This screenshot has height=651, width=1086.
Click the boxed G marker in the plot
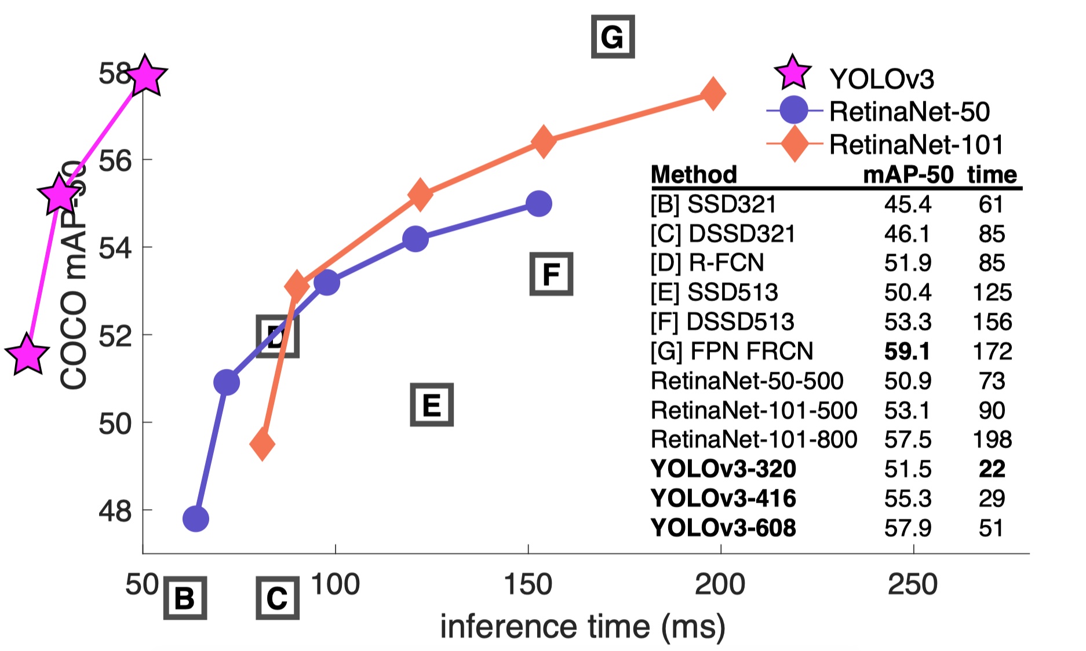(613, 37)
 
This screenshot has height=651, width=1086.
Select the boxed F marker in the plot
(551, 274)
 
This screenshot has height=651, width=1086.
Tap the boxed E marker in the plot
(432, 405)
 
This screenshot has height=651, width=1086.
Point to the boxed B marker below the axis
(185, 598)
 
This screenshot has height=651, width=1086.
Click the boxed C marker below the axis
(278, 598)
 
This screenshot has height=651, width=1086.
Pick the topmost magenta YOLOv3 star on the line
(145, 76)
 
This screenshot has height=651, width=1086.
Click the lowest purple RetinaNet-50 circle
(196, 518)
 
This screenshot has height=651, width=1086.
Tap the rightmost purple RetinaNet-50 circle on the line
(539, 203)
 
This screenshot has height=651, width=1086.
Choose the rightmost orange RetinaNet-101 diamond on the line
(713, 93)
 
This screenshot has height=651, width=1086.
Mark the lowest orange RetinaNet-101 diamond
(262, 444)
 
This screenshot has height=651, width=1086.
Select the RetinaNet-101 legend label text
(916, 144)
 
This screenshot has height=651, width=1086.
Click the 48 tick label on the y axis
(115, 511)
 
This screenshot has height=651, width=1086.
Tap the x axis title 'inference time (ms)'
(582, 627)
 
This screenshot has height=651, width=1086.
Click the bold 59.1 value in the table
(907, 351)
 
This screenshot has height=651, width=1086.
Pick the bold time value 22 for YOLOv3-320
(992, 469)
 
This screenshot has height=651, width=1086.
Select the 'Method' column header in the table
(694, 174)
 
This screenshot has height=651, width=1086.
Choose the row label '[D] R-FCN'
(707, 262)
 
